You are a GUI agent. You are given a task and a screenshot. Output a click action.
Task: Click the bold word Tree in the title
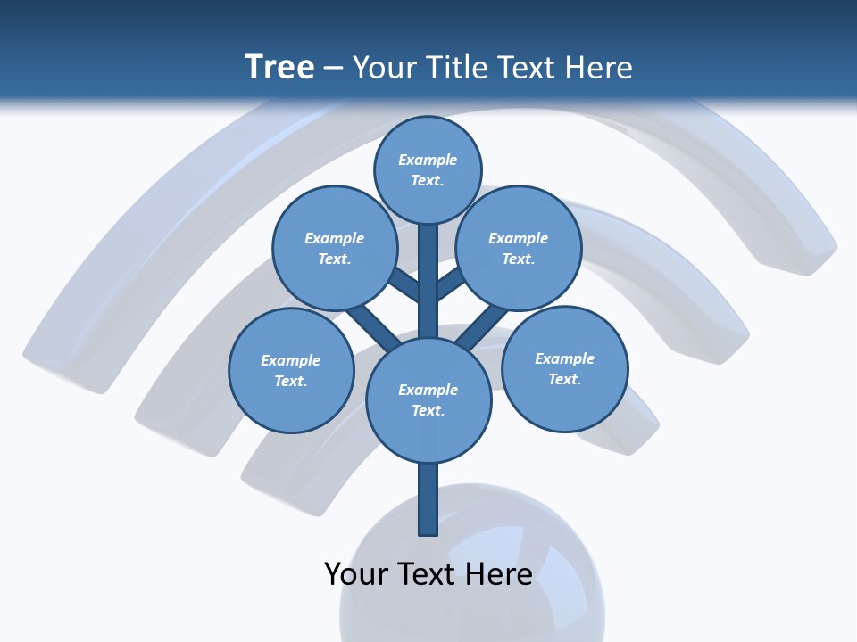(x=279, y=67)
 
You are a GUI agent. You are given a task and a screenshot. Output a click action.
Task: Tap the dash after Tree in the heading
(x=333, y=69)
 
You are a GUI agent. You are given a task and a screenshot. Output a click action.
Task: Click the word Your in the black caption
(x=355, y=573)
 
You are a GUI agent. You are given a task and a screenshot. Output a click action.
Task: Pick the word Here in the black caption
(x=499, y=573)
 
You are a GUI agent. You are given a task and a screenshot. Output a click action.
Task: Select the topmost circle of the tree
(x=428, y=169)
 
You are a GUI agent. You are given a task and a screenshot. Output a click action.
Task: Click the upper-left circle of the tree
(x=335, y=248)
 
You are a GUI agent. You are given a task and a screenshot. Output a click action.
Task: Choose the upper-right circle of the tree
(x=519, y=248)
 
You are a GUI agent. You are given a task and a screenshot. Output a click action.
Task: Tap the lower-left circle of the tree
(x=291, y=370)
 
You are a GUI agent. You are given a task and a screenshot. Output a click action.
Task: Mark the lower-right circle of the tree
(x=564, y=368)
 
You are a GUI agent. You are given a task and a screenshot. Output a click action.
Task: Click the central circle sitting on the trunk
(x=428, y=399)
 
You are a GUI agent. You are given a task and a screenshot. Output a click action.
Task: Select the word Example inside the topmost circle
(x=428, y=160)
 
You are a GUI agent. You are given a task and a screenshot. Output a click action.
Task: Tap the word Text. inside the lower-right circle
(x=564, y=379)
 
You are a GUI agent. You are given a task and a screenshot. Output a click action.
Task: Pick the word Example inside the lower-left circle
(x=291, y=360)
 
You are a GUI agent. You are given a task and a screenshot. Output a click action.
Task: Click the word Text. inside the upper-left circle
(x=335, y=259)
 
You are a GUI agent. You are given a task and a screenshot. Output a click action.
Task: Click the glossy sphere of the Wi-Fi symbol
(x=472, y=571)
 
